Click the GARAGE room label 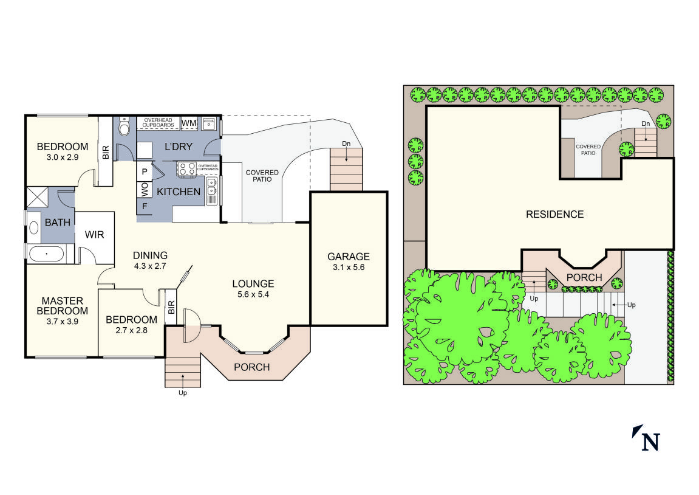pos(349,257)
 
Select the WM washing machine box pos(189,123)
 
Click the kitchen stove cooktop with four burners pos(186,168)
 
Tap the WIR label pos(95,234)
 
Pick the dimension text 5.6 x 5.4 pos(253,295)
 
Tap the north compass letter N pos(650,441)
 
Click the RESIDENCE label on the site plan pos(554,215)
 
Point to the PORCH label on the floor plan pos(252,367)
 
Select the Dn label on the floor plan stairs pos(346,144)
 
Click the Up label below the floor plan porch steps pos(182,393)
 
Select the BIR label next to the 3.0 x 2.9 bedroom pos(106,152)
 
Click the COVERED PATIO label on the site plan pos(588,150)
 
